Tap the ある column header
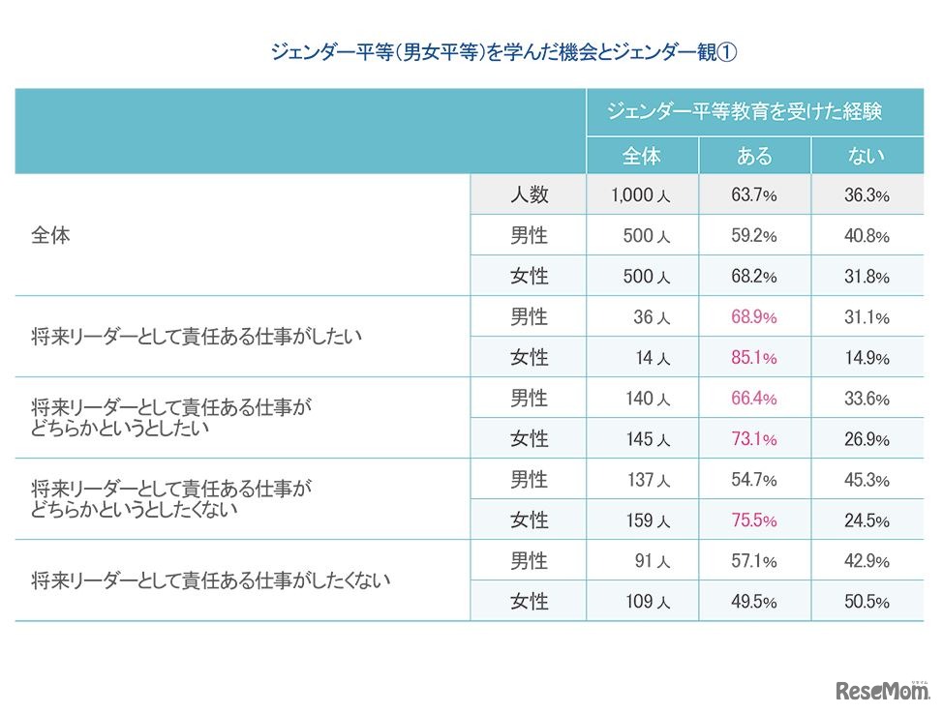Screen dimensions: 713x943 (x=754, y=156)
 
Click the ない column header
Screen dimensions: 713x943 (x=867, y=156)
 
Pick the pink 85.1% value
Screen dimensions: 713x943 (x=754, y=358)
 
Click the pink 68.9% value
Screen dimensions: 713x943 (x=754, y=317)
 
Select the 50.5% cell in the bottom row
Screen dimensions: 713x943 (x=867, y=602)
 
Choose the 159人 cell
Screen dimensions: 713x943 (x=643, y=520)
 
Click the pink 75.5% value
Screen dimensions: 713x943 (x=754, y=520)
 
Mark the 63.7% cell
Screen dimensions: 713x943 (x=754, y=195)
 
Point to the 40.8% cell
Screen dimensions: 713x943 (x=867, y=236)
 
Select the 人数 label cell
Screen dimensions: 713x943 (x=529, y=194)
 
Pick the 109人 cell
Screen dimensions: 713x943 (x=643, y=602)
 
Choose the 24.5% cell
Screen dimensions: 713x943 (x=867, y=520)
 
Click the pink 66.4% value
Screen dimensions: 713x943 (x=754, y=399)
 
